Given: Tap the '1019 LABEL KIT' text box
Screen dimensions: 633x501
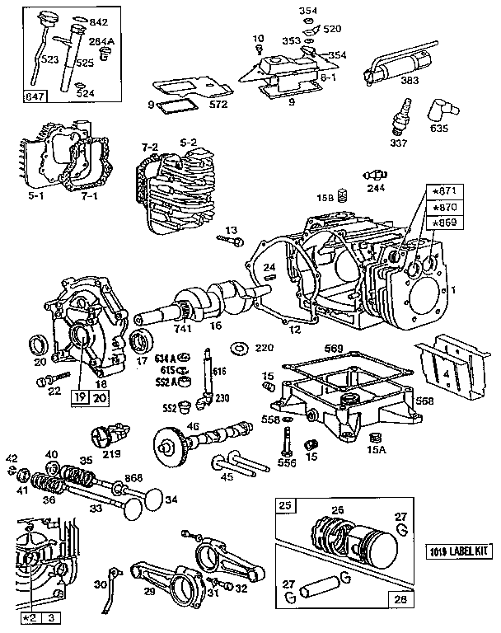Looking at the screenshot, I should click(x=459, y=551).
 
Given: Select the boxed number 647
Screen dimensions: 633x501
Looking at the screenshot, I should click(x=35, y=96).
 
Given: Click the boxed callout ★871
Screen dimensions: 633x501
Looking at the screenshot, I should click(x=442, y=191).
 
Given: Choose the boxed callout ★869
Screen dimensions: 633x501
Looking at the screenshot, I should click(x=442, y=223).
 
